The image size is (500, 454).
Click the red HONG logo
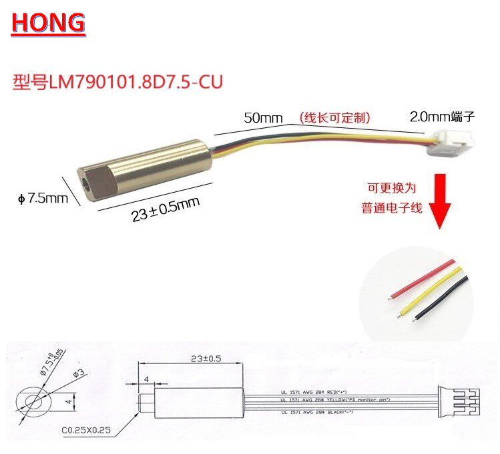point(48,23)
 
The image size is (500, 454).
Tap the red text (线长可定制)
point(334,117)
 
